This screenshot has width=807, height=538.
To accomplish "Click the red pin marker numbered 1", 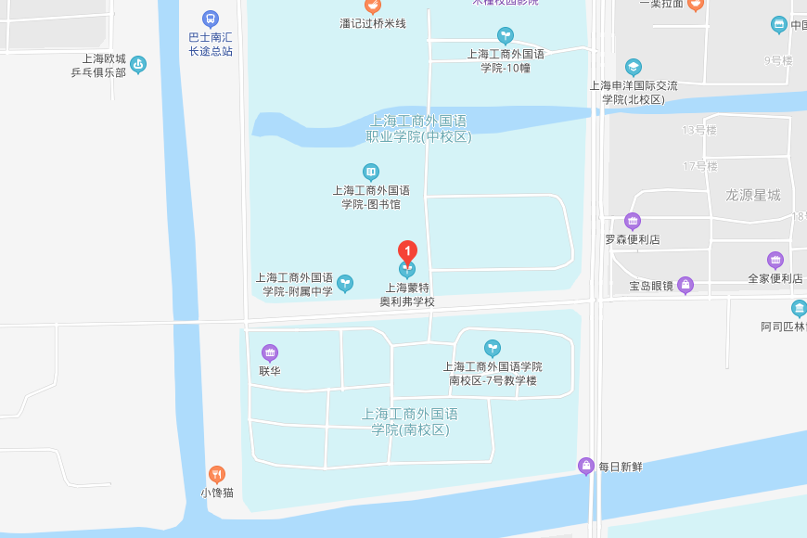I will (x=406, y=250).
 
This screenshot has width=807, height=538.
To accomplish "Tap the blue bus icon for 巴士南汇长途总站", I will (x=211, y=18).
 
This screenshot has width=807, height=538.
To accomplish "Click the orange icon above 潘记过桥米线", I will (x=372, y=6).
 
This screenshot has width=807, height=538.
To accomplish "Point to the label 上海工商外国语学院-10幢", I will (x=506, y=61).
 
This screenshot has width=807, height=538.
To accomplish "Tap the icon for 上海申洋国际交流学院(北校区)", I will (x=633, y=67).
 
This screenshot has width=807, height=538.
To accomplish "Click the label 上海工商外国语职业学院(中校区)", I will (x=418, y=129).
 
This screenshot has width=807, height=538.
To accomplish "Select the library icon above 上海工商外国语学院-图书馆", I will (x=371, y=172).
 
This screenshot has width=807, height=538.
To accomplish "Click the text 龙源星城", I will (x=753, y=195).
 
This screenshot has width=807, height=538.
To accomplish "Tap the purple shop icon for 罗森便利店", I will (x=633, y=221).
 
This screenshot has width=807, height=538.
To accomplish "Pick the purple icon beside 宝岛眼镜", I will (x=685, y=285).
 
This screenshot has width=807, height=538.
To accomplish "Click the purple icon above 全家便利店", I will (x=775, y=260).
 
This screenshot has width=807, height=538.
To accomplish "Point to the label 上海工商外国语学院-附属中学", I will (x=295, y=284).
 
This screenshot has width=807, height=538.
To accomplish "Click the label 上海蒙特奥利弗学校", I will (x=407, y=295).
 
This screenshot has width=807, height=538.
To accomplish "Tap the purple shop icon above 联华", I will (x=270, y=352).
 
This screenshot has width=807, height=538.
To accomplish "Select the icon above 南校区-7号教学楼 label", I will (x=493, y=348).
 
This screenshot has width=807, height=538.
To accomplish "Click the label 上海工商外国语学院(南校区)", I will (x=410, y=422).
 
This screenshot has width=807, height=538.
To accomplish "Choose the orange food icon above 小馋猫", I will (x=217, y=474).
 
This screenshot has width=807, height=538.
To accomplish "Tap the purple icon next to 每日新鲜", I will (x=585, y=466).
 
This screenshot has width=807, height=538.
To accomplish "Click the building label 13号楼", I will (x=699, y=130).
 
